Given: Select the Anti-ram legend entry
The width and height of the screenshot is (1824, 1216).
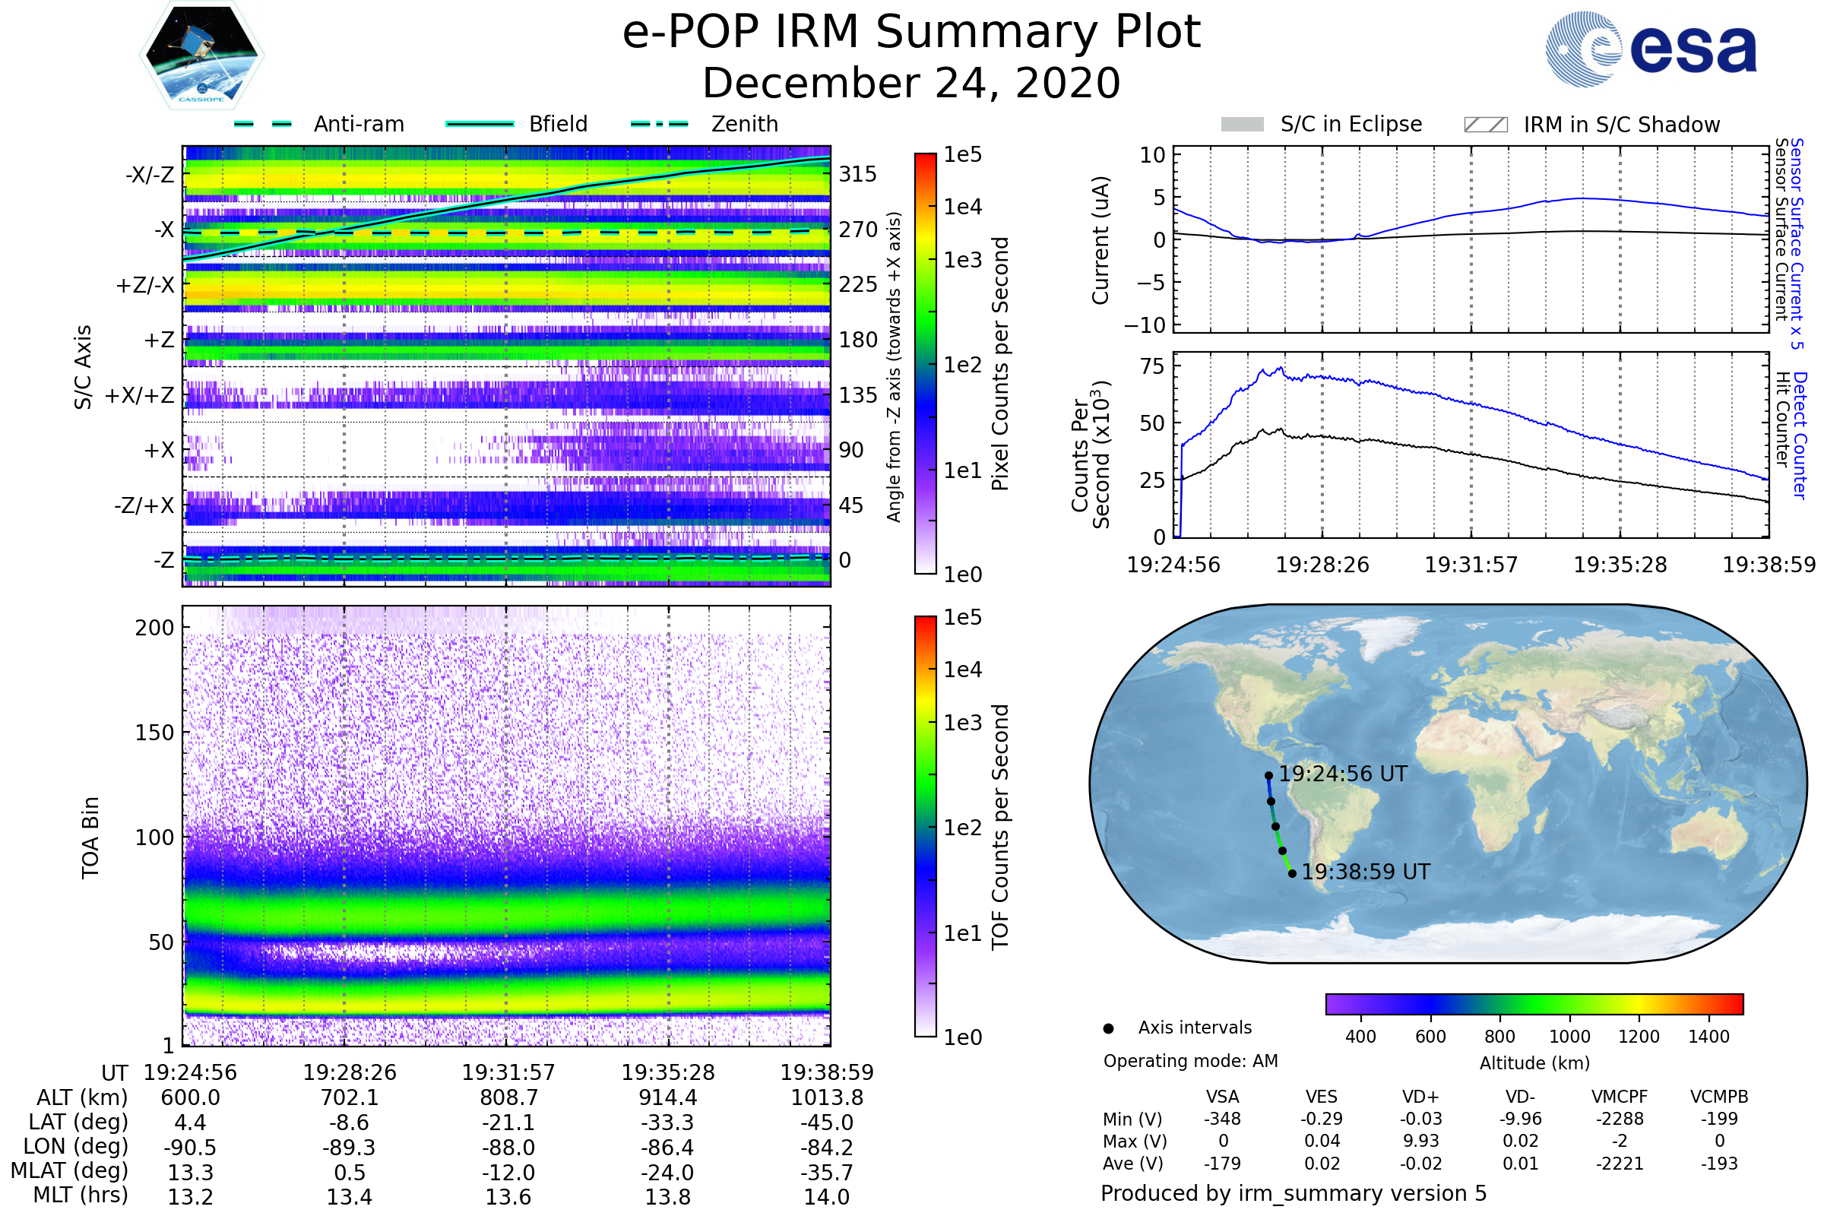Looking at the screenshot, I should (x=318, y=124).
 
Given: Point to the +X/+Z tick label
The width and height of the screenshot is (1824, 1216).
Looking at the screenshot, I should (x=140, y=395).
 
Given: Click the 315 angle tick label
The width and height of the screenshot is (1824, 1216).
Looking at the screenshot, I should (x=858, y=174).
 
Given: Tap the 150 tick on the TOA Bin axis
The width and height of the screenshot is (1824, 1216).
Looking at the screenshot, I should (x=154, y=732).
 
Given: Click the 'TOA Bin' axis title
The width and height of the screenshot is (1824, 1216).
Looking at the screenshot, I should (x=90, y=838).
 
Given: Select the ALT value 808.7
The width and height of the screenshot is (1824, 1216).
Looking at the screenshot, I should (x=508, y=1097).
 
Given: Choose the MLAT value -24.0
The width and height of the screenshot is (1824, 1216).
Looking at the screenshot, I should (x=668, y=1172).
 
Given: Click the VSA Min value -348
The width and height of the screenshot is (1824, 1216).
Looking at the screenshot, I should (x=1222, y=1119).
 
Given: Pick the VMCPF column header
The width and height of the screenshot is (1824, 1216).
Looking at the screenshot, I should (x=1620, y=1097).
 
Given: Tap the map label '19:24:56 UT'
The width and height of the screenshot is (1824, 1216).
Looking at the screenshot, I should (x=1342, y=774).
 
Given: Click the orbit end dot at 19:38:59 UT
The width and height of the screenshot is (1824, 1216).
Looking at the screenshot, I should (x=1292, y=873).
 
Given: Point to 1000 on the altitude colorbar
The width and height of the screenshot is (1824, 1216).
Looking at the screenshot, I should (x=1569, y=1036).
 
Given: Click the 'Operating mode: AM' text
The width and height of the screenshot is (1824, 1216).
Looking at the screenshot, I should (x=1190, y=1061).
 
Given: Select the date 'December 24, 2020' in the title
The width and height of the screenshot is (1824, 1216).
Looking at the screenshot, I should (x=911, y=83).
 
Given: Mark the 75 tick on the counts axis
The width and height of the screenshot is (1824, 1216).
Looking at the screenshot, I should (x=1154, y=366).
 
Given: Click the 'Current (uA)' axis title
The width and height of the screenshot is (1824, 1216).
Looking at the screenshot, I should (x=1101, y=240).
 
